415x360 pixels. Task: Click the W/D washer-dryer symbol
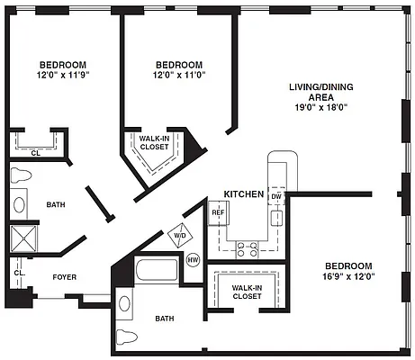[180, 236]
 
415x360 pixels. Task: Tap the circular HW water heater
[193, 260]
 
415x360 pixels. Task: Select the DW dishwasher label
[276, 197]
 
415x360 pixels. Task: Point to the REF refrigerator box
[219, 212]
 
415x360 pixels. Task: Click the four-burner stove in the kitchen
[248, 249]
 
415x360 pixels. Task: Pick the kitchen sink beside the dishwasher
[276, 219]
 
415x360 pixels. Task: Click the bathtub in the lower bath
[157, 270]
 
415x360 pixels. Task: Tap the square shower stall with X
[23, 238]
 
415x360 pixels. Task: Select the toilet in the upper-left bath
[21, 175]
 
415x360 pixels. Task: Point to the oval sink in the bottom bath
[124, 303]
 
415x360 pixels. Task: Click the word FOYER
[65, 277]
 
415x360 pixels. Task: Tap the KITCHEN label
[244, 194]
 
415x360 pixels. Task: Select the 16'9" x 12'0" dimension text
[348, 276]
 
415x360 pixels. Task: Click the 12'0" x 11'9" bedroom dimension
[63, 75]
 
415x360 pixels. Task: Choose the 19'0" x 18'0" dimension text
[321, 107]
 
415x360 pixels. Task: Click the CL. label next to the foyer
[20, 273]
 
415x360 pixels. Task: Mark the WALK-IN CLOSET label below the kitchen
[248, 292]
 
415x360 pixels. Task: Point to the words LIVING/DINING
[321, 87]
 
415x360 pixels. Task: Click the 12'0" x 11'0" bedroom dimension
[179, 75]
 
